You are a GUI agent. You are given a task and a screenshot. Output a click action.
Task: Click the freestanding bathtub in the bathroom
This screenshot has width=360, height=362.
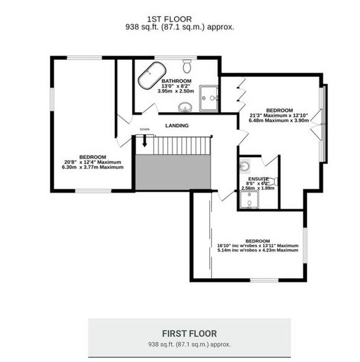(152, 75)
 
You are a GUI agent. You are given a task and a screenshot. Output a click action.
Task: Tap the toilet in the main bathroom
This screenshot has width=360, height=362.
(186, 66)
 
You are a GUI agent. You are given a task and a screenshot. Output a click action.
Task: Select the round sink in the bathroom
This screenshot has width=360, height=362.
(185, 107)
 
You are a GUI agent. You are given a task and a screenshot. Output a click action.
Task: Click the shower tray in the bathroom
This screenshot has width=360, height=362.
(209, 98)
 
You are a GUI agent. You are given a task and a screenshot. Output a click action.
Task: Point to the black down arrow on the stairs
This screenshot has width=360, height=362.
(144, 141)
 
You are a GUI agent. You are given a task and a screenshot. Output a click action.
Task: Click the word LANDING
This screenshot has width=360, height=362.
(177, 126)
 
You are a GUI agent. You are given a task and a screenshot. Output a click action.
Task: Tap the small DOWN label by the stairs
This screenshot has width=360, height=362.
(144, 130)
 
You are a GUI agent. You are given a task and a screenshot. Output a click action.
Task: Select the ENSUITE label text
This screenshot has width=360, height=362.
(259, 179)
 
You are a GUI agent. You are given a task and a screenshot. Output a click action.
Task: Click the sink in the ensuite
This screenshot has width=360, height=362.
(245, 167)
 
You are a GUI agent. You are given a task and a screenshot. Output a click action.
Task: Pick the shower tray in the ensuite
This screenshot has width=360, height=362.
(249, 199)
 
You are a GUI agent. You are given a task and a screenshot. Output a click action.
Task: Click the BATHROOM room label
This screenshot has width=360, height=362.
(177, 81)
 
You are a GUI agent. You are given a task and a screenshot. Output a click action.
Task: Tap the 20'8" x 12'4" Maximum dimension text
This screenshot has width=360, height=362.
(93, 162)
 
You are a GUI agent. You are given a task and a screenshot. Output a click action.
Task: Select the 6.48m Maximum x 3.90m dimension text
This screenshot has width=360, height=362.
(279, 120)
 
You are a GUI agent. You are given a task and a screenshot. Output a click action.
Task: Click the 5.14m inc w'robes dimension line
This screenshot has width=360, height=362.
(257, 250)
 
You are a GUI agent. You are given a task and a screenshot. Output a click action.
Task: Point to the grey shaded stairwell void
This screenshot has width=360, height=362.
(173, 172)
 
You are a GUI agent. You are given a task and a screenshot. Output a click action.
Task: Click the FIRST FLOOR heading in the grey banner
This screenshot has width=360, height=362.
(190, 334)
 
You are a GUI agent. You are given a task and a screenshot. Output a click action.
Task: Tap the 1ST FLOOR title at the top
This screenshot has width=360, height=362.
(169, 19)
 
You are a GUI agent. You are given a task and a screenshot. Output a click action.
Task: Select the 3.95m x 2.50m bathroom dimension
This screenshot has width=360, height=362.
(176, 91)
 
